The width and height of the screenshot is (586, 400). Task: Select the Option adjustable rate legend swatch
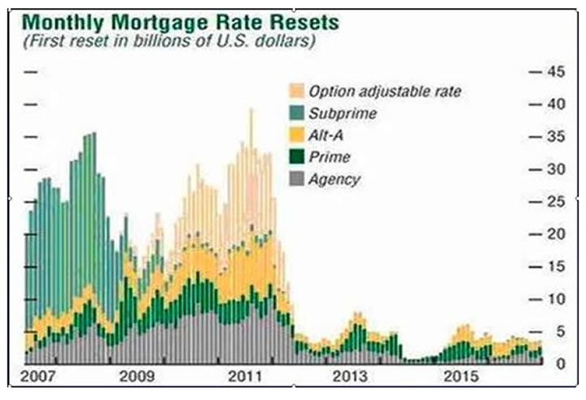click(296, 91)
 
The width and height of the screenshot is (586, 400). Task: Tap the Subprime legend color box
click(296, 113)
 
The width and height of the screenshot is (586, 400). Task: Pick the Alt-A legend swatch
click(296, 135)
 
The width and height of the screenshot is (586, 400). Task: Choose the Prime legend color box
click(296, 157)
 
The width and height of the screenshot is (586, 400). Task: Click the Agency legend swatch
click(296, 179)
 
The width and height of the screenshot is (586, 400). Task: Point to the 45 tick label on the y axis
click(556, 72)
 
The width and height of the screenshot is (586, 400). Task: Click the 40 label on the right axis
click(556, 104)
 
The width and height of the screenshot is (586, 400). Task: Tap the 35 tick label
click(556, 137)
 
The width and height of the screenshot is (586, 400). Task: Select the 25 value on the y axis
click(556, 201)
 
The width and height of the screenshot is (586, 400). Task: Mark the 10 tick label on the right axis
click(556, 299)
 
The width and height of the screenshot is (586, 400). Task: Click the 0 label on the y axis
click(560, 363)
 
